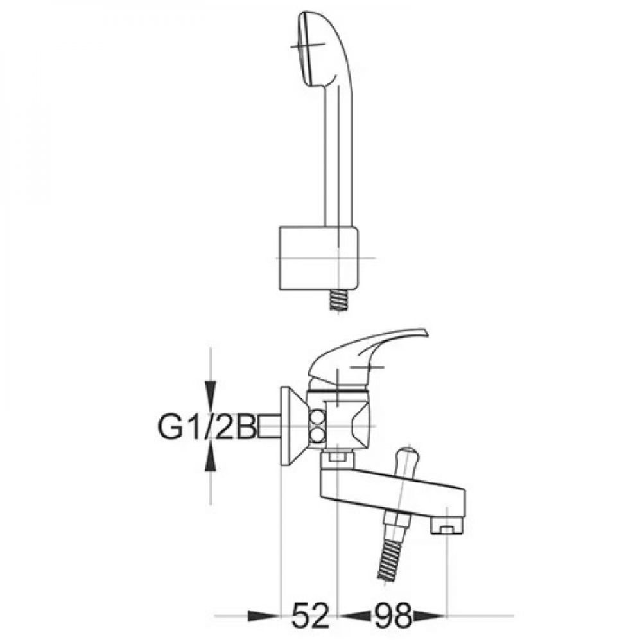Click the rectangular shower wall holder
318,258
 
